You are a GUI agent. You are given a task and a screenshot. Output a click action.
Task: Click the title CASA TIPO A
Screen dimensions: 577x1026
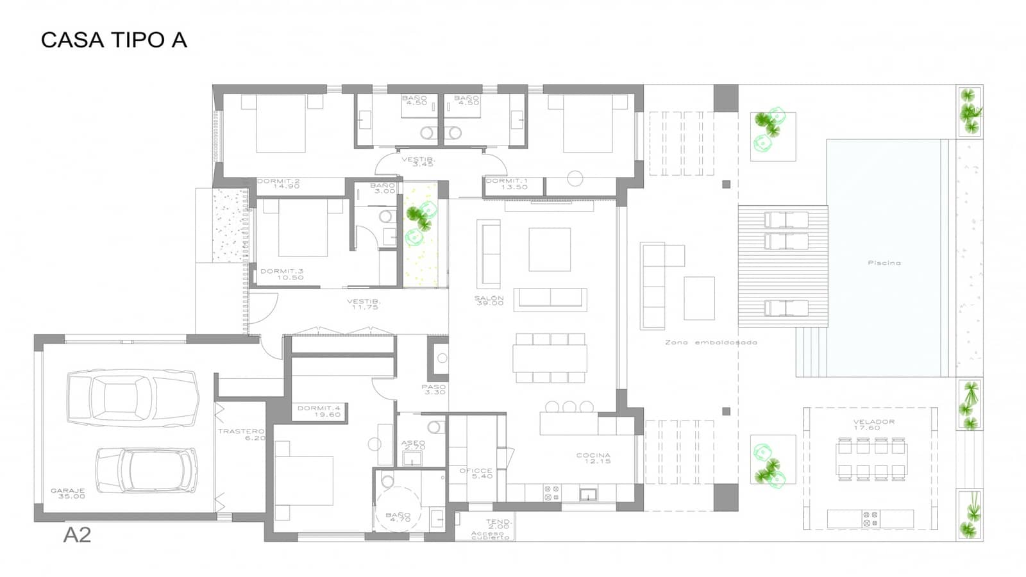[x=114, y=40]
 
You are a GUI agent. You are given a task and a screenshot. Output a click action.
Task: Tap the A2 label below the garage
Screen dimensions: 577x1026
[x=77, y=535]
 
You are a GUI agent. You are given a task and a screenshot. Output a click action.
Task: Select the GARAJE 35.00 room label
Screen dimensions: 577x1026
[x=68, y=494]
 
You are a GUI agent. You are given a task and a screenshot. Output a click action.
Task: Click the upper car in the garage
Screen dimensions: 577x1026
[x=132, y=398]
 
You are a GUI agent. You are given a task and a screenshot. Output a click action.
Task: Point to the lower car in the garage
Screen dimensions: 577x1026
[x=147, y=470]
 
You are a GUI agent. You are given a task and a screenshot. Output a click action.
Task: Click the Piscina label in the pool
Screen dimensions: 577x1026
[x=884, y=263]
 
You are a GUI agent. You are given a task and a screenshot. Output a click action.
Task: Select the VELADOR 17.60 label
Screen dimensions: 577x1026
[x=873, y=424]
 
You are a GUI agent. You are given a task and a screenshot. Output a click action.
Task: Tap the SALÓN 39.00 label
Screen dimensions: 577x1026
[x=489, y=300]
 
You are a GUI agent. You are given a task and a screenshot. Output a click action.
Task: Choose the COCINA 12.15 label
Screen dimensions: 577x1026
[x=593, y=458]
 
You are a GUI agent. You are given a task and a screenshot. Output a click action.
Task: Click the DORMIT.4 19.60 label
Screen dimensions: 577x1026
[x=319, y=411]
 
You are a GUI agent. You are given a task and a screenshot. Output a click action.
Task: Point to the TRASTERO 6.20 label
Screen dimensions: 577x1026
[x=241, y=434]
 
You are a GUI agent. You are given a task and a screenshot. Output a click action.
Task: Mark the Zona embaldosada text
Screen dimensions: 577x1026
[x=711, y=342]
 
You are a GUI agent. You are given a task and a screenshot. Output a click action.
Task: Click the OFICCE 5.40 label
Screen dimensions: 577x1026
[x=476, y=473]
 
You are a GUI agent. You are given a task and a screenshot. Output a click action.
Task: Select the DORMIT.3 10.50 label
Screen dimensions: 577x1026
[x=282, y=274]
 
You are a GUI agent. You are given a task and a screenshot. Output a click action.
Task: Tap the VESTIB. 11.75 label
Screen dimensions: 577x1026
[x=364, y=304]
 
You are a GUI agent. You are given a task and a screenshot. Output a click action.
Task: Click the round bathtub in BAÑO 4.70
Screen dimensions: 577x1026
[x=398, y=508]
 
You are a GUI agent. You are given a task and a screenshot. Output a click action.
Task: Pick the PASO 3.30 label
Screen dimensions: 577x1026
[x=434, y=389]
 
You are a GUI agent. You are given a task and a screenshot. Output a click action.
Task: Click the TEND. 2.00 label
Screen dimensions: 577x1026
[x=498, y=524]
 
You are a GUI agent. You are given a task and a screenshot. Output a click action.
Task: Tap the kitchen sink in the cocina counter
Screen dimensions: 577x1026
[x=588, y=494]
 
